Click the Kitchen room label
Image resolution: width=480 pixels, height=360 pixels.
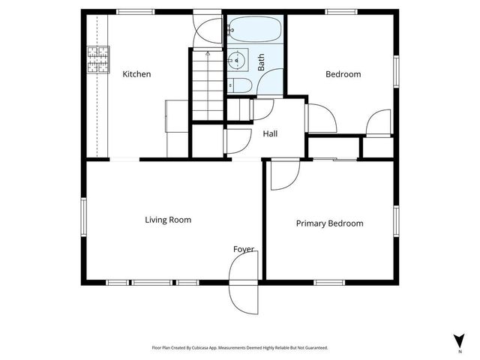point(137,74)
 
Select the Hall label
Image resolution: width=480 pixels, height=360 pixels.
point(270,134)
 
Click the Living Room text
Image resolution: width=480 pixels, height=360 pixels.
point(168,220)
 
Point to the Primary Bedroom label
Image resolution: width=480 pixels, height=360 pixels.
point(329,223)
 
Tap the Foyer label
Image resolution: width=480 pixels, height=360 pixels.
point(244,249)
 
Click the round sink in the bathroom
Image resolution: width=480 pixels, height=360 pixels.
point(238,58)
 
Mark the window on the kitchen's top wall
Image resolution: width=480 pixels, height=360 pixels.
point(136,11)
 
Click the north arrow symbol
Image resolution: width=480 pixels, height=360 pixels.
point(458,340)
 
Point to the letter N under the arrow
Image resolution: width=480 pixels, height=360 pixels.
point(458,351)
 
